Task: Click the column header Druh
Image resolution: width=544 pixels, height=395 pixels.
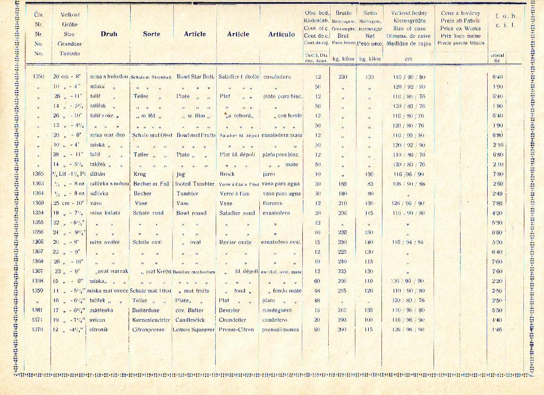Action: coord(108,34)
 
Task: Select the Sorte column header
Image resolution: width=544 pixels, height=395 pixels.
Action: coord(151,34)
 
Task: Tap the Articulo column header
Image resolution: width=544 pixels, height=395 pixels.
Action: coord(281,34)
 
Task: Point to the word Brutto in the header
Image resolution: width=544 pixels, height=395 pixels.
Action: coord(343,12)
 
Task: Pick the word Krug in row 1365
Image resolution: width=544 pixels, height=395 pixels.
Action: coord(140,174)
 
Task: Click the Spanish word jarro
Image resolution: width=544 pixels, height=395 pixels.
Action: coord(269,174)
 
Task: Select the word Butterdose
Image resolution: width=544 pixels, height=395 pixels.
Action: coord(146,310)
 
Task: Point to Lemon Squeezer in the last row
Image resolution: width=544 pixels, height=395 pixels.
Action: coord(193,330)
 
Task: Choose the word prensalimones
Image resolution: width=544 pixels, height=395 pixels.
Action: coord(281,330)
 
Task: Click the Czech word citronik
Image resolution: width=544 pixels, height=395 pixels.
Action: coord(99,330)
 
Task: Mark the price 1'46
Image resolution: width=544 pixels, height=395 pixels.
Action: coord(497,330)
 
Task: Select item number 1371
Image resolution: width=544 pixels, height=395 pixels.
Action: coord(38,320)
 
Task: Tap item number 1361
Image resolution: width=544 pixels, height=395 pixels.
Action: coord(38,310)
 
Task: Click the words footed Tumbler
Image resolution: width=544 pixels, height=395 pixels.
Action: coord(194,184)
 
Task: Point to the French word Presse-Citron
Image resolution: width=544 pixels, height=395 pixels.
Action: coord(236,330)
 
